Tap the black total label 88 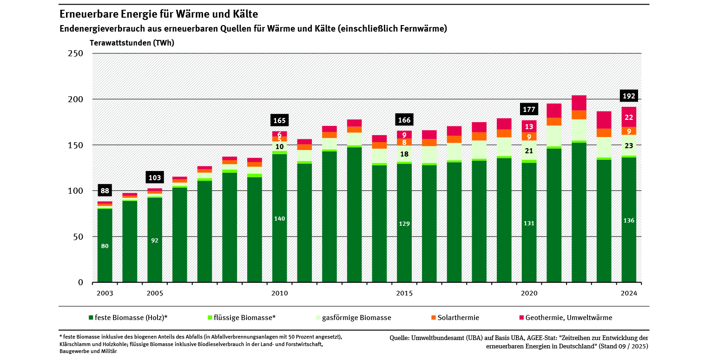coord(105,190)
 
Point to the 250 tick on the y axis coord(76,53)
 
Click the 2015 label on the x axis coord(404,294)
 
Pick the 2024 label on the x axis coord(628,294)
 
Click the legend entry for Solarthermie coord(455,318)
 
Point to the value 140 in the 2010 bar coord(280,219)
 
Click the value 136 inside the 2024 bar coord(629,221)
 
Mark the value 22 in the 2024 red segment coord(629,118)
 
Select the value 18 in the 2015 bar coord(404,154)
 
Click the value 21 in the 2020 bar coord(529,151)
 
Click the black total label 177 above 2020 coord(529,110)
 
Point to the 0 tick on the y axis coord(80,282)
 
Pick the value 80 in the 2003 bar coord(105,246)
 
